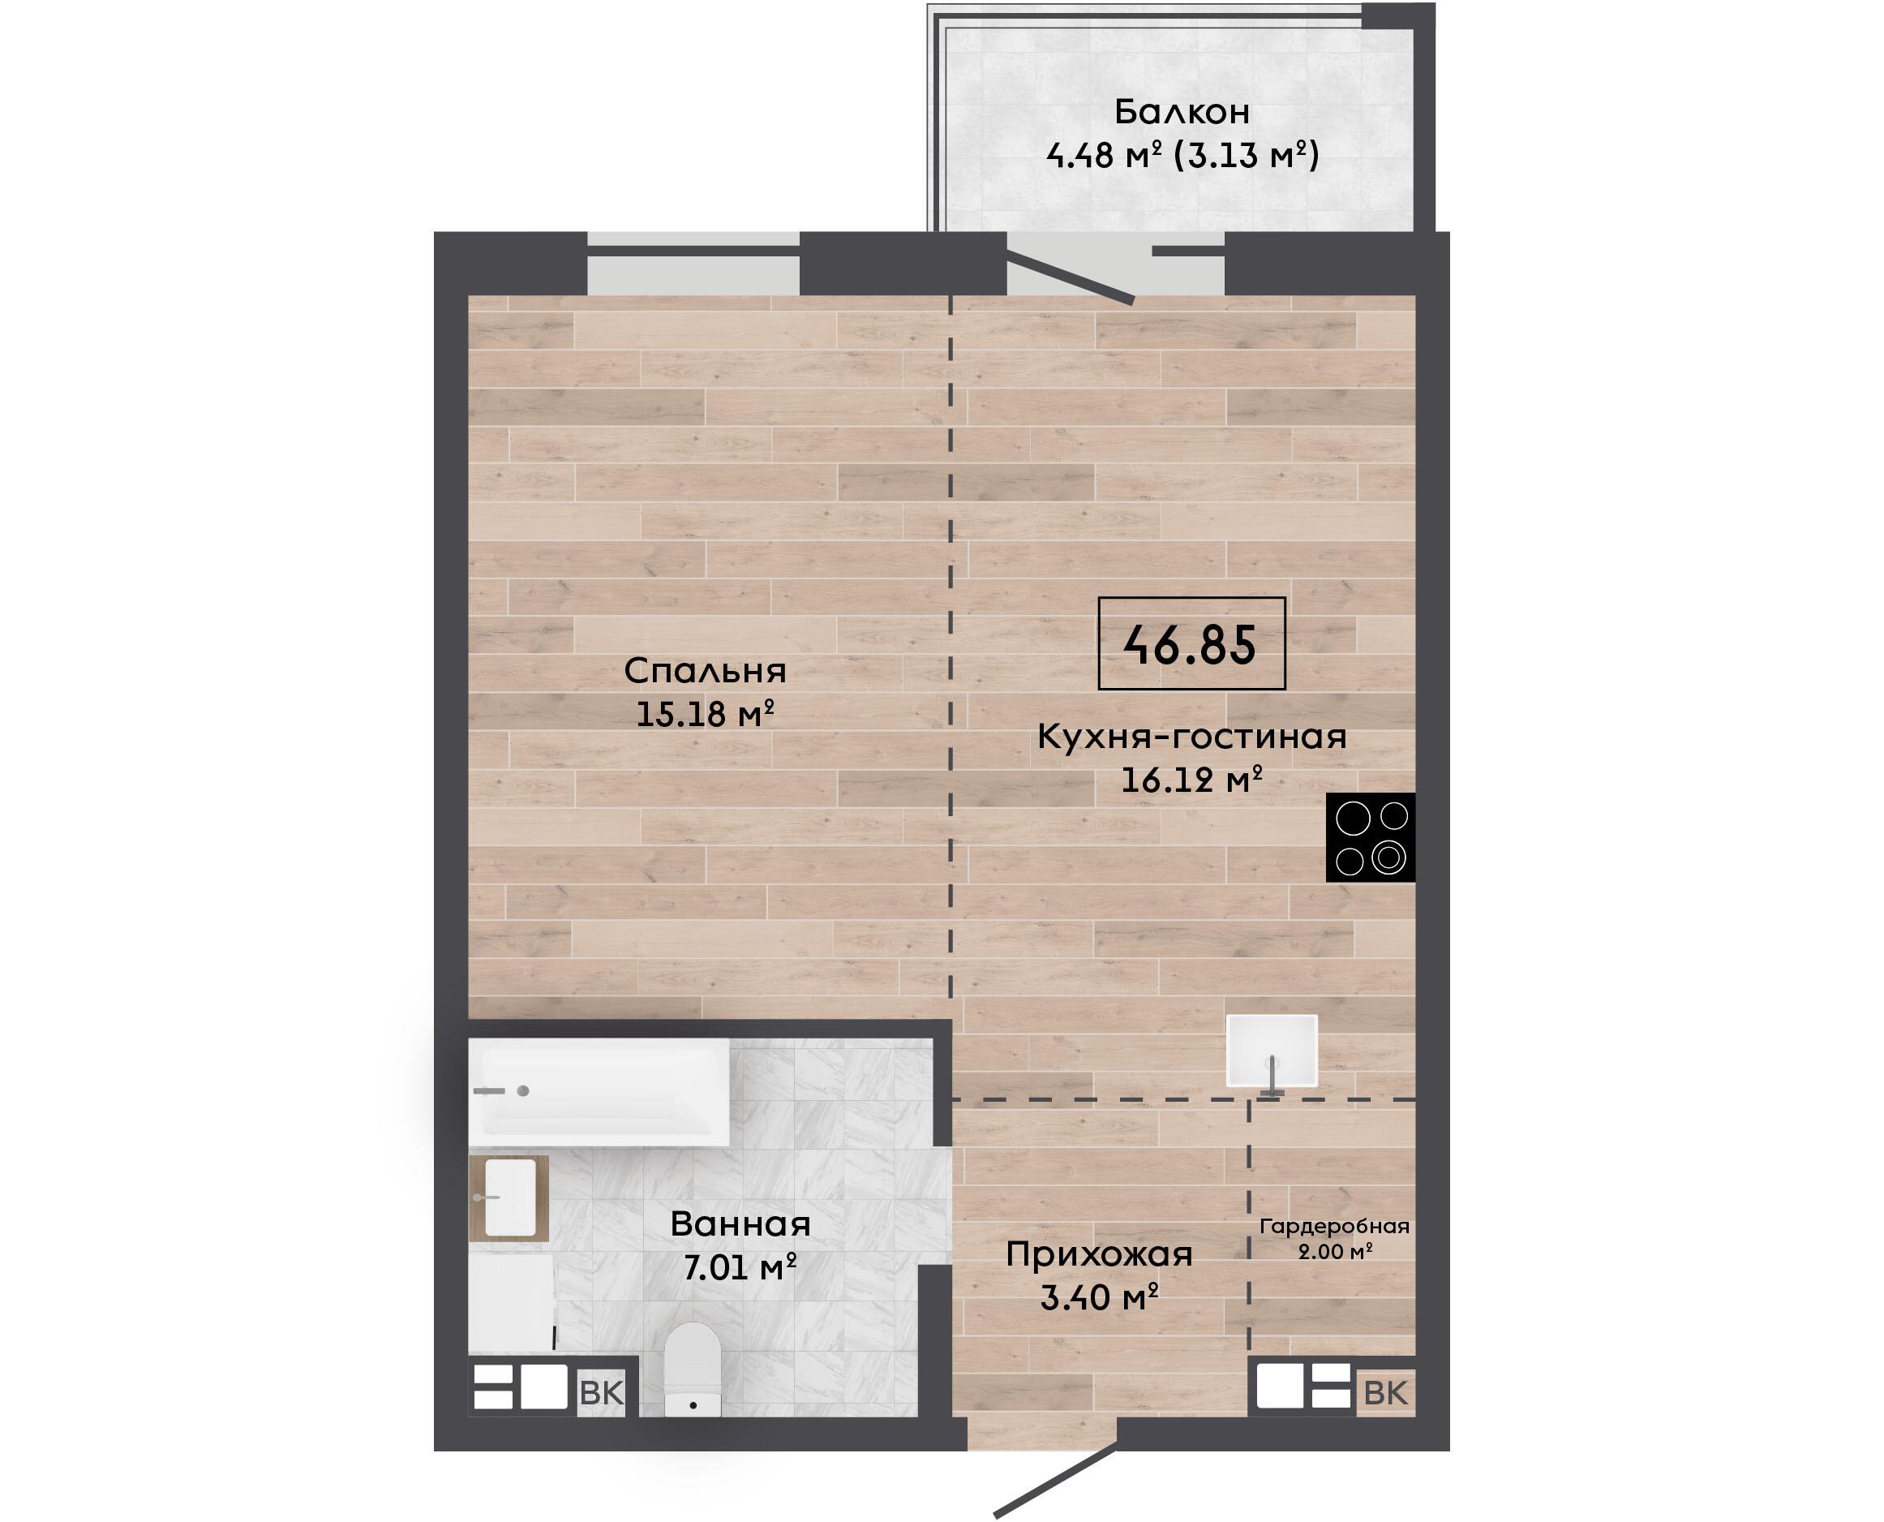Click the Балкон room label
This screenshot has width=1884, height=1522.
1182,112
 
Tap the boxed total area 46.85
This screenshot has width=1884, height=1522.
1191,644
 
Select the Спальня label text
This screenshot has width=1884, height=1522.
706,672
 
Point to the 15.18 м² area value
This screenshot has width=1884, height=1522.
706,715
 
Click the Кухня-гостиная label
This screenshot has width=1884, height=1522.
1191,737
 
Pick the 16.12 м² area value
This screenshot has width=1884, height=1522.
1191,780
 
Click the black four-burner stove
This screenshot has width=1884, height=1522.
1371,837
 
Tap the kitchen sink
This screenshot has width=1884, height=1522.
1272,1051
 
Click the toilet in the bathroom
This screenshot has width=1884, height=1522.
693,1369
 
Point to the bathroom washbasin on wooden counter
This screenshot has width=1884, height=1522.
509,1197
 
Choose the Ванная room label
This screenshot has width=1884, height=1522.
740,1225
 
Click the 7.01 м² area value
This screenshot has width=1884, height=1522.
740,1268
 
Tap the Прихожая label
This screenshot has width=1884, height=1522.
1099,1255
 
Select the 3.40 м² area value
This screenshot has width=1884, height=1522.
1100,1297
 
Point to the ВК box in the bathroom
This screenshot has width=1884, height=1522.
602,1392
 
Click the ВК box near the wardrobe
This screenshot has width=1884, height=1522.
1385,1392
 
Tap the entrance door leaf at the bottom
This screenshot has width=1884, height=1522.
1056,1481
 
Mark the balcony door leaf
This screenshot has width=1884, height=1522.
1071,276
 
